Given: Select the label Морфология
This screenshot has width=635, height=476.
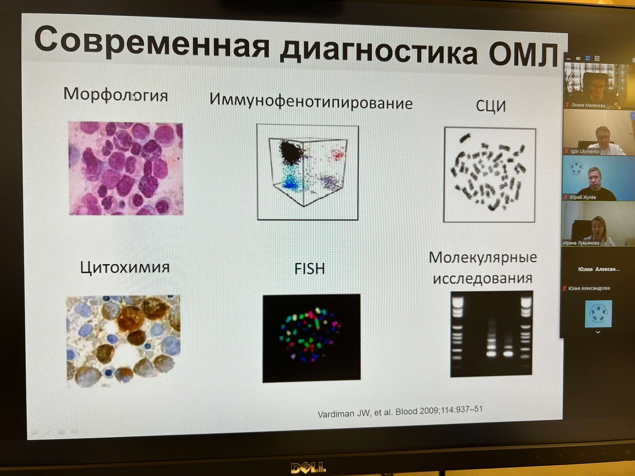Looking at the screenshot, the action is point(115,94).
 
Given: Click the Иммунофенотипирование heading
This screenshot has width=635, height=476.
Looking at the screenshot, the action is point(311,102).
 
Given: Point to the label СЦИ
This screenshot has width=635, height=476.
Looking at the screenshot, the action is point(491,106).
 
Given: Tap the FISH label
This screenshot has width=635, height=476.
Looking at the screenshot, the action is point(310,269).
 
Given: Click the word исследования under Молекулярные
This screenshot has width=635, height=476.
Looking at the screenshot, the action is point(482,278).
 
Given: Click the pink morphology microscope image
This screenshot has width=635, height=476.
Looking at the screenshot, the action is point(126,169).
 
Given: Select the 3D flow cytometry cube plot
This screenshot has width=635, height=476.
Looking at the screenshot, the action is point(308,173).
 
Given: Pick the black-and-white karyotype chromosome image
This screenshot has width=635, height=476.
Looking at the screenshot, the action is point(489,175).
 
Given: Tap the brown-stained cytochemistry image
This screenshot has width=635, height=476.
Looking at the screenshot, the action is point(123,341).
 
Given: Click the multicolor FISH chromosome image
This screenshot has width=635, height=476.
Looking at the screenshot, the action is point(312,338).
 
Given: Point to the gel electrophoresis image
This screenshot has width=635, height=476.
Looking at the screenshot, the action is point(491,334).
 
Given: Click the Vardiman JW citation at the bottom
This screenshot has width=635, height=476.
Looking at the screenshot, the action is point(400,412).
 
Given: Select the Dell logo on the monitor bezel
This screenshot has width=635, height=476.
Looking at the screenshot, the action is point(308,467).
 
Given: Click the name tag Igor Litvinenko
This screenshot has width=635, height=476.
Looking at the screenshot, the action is point(585,151).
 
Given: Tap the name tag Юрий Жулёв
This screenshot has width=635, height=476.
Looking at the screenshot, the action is point(583,197).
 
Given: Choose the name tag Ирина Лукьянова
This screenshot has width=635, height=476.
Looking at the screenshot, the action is point(581,243).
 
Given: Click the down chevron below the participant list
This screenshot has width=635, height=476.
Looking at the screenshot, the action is point(598,332).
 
